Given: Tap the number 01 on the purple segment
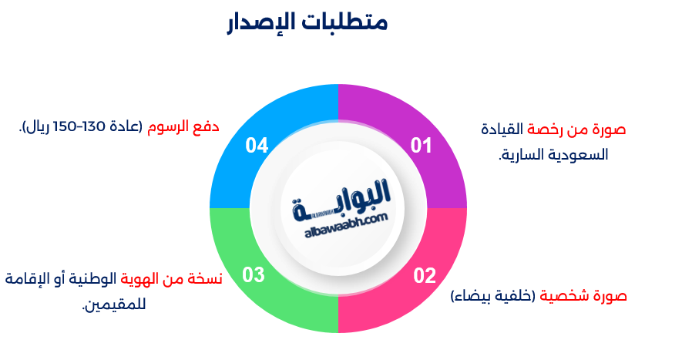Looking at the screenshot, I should tap(421, 145).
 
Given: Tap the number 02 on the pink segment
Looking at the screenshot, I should tap(425, 275).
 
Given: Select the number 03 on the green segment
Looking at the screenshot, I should tap(254, 274).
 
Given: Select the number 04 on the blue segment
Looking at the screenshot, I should tap(257, 145).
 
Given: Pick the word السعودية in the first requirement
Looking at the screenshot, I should tap(582, 154).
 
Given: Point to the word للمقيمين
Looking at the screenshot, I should tap(113, 304).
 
